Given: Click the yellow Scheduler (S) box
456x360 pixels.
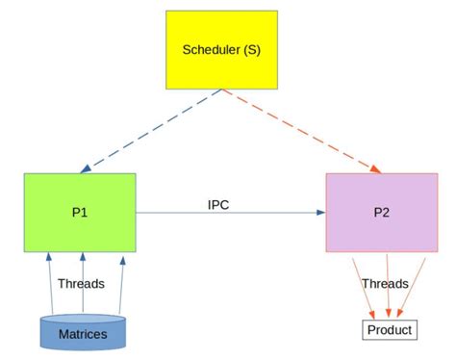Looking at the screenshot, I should (x=221, y=49).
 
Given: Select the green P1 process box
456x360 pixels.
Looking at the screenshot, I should (x=80, y=211).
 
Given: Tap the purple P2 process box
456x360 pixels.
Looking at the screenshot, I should (x=382, y=211).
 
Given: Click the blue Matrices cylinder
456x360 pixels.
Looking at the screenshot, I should (x=83, y=332).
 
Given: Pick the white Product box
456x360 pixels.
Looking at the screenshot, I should (x=389, y=330).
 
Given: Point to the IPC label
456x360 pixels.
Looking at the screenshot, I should (x=218, y=204).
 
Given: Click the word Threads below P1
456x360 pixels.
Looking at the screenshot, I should (x=81, y=284).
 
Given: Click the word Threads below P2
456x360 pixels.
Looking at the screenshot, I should (x=385, y=284).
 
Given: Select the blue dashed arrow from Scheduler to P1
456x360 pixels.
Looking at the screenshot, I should (x=154, y=130).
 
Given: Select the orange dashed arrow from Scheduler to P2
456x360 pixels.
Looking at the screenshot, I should (x=298, y=130).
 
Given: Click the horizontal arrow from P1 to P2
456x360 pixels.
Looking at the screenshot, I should (x=231, y=214).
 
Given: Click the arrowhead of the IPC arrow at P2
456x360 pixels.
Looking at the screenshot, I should (x=320, y=214).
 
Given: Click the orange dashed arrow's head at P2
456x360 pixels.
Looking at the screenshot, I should (x=374, y=169).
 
